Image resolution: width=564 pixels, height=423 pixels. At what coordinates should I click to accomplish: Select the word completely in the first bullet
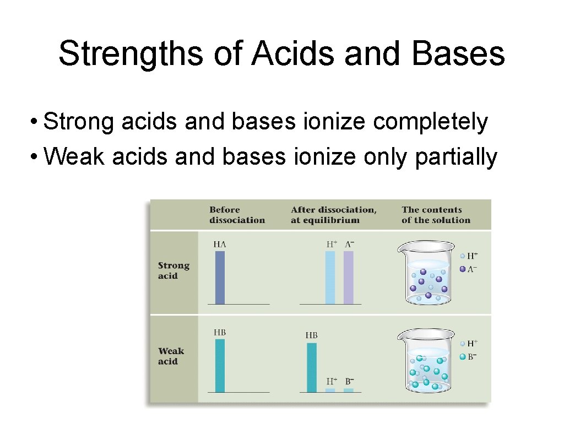point(430,122)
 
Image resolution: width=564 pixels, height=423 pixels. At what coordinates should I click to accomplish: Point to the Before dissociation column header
point(237,215)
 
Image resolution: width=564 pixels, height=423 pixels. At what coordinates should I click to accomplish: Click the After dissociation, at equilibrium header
point(334,215)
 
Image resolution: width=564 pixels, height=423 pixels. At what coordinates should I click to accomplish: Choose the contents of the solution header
point(436,215)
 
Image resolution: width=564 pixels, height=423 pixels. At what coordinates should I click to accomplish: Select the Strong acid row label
point(173,271)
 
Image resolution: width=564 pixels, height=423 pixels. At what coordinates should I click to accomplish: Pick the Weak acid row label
point(171,356)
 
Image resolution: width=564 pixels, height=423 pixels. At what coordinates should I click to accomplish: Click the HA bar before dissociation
point(220,278)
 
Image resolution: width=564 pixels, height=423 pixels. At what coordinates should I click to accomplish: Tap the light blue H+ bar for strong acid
point(330,278)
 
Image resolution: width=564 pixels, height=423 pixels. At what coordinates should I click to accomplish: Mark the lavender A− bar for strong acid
point(349,278)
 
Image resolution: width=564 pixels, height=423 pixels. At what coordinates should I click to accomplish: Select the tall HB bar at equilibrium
point(312,367)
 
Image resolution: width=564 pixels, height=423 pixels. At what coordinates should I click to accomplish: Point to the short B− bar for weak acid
point(349,390)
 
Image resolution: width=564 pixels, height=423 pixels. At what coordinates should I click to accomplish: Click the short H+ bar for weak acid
point(330,390)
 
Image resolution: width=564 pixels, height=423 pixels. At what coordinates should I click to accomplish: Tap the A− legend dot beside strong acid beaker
point(462,269)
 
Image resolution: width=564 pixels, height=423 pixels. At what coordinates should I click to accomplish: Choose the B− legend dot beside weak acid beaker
point(462,357)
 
